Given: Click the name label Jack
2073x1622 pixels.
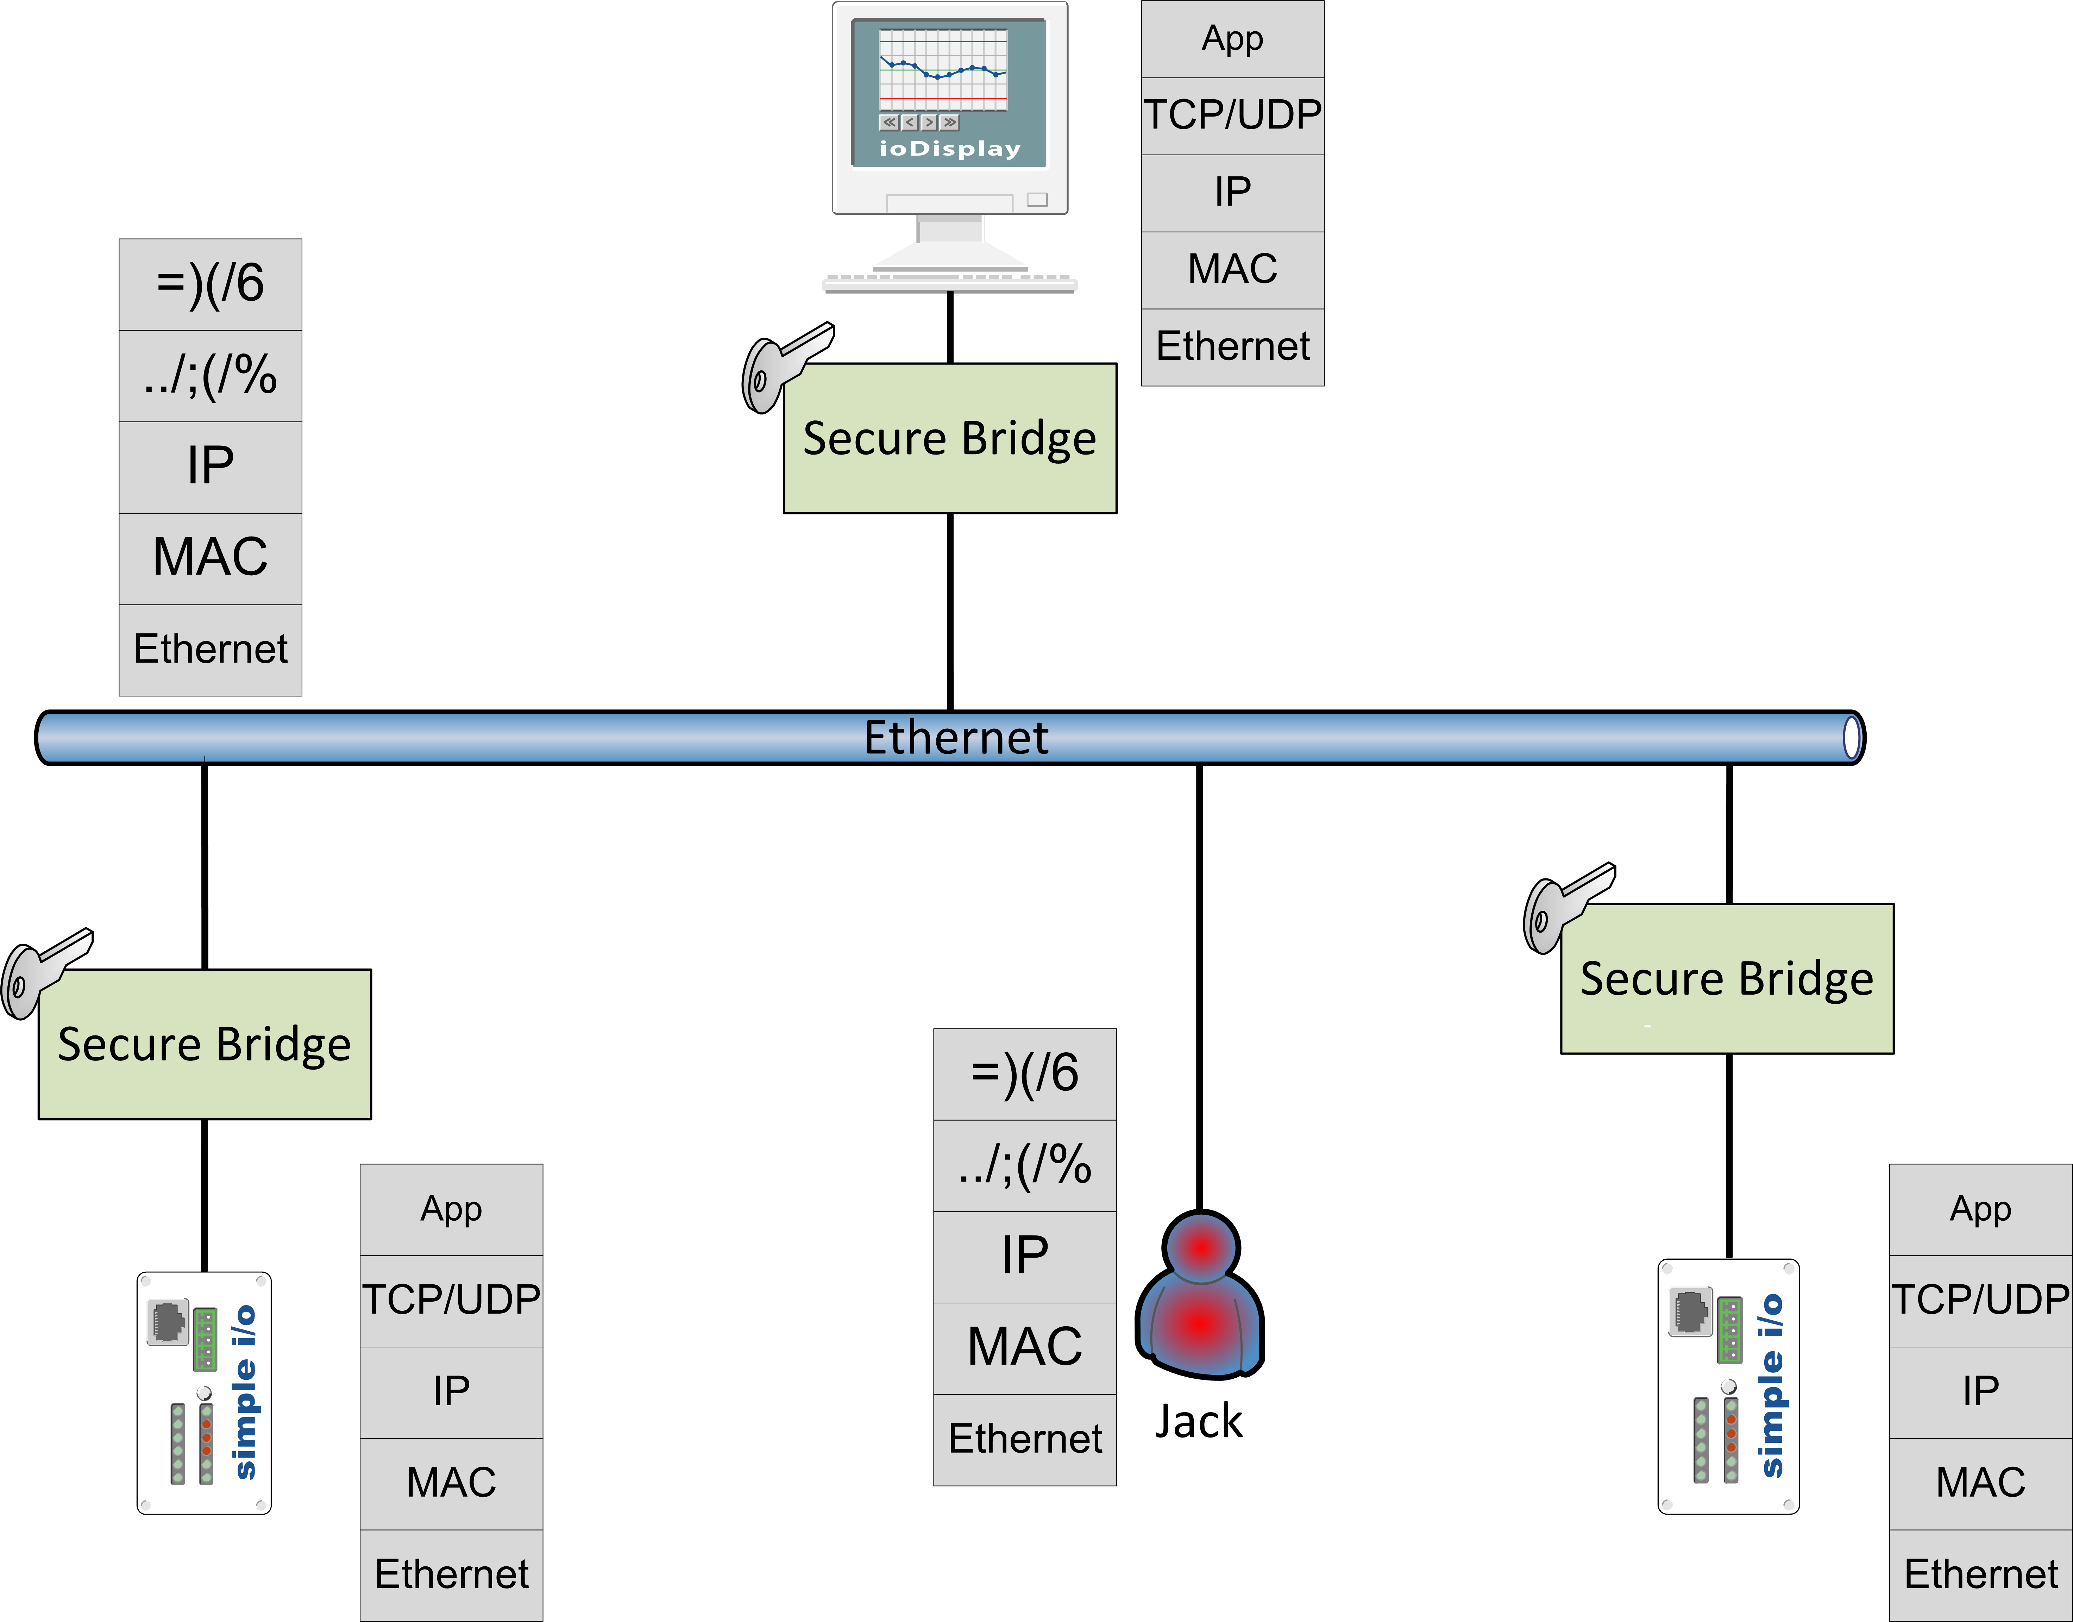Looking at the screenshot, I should coord(1198,1422).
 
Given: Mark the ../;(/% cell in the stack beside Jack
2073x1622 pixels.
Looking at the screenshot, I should coord(1025,1165).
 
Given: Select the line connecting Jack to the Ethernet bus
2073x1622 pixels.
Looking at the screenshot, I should coord(1199,988).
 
